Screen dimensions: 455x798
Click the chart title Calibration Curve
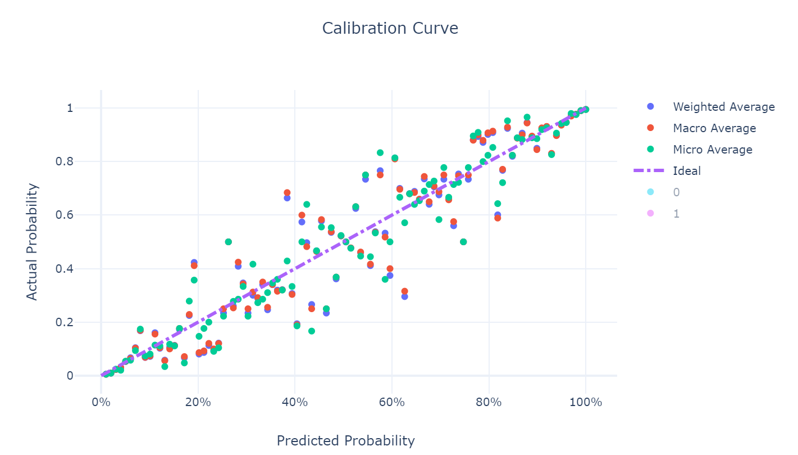click(390, 28)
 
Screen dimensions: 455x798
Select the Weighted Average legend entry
click(723, 107)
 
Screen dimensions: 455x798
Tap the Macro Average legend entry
click(714, 128)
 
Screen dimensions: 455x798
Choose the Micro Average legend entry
click(712, 150)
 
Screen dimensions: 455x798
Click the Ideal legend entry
click(686, 171)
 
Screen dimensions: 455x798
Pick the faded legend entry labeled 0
click(676, 192)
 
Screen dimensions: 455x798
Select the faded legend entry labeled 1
click(676, 214)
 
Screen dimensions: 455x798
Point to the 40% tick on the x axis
click(295, 403)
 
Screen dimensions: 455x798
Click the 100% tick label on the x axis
click(585, 403)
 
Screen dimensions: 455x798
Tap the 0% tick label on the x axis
click(101, 403)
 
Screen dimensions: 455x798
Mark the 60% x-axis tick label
click(392, 403)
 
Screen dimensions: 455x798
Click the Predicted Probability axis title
click(345, 441)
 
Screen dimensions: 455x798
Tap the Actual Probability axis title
click(33, 242)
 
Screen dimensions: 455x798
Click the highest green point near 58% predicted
click(380, 152)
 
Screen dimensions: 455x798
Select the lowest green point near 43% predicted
click(312, 331)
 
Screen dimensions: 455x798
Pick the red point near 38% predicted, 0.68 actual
click(287, 193)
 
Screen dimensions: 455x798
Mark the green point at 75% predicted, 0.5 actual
click(463, 242)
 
